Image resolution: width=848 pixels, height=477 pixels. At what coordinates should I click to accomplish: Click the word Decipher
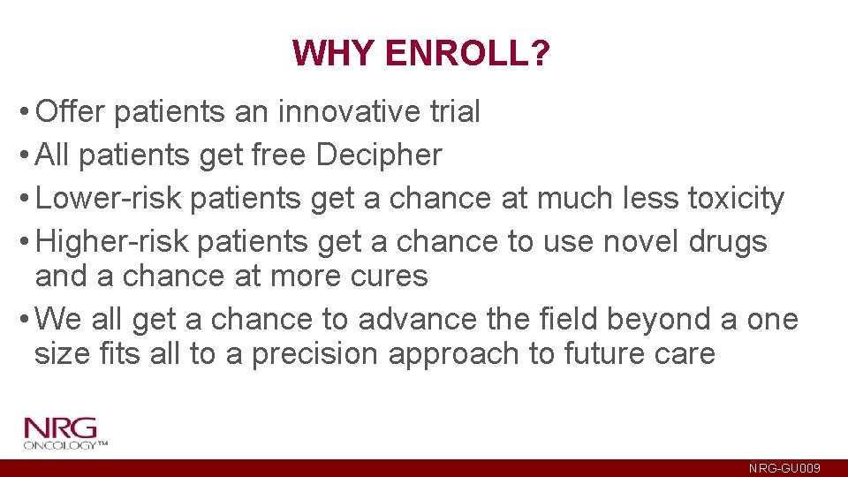379,155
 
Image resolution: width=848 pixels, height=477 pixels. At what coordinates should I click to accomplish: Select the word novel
640,241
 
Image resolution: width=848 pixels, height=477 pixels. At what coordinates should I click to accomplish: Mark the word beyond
649,319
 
